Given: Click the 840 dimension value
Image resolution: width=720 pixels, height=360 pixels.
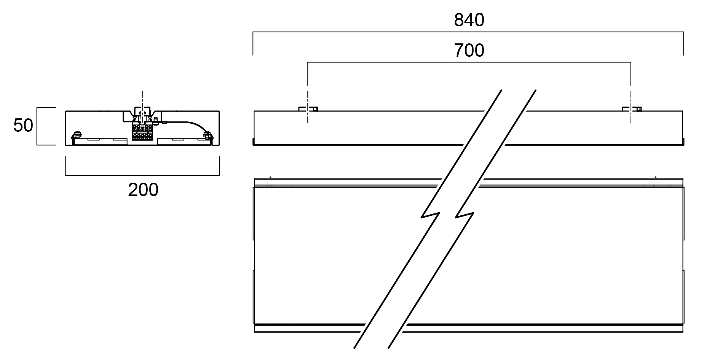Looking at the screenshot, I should coord(469,20).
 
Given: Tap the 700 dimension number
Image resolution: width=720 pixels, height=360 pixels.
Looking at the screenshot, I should coord(469,51).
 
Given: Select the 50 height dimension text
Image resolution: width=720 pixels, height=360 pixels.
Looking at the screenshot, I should coord(23,125).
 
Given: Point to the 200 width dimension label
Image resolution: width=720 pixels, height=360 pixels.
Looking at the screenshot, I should coord(143,190).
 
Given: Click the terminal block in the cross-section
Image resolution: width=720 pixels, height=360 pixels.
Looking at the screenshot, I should coord(142,132).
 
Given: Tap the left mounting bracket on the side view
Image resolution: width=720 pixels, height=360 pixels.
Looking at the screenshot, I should coord(308,109).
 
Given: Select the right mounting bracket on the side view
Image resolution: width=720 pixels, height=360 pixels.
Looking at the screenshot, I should coord(631,109).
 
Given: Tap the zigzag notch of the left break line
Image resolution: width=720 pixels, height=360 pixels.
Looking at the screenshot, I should coord(431,215).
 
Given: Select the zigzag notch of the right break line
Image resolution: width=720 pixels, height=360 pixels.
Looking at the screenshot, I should coord(465,215).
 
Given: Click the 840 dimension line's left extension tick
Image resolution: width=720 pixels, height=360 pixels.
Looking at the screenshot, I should coord(253,44).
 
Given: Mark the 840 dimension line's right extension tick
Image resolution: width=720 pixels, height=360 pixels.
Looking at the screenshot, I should coord(684,44).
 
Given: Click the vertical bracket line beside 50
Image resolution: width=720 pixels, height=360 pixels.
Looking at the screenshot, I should coord(37,126).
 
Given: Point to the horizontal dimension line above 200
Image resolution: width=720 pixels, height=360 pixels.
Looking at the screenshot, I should coord(142,175).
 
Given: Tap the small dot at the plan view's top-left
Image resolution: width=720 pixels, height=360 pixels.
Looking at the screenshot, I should coord(270,177).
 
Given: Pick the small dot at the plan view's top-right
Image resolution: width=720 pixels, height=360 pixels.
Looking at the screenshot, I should coord(656,177).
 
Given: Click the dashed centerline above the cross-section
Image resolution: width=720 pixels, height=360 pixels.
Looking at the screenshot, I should coord(142,99).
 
